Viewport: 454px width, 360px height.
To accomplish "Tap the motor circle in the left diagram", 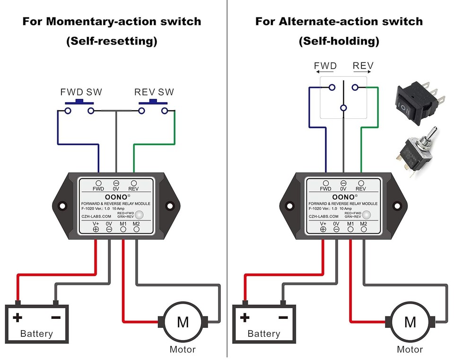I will [183, 322].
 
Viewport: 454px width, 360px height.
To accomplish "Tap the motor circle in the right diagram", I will [410, 322].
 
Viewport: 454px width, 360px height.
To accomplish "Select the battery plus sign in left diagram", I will [17, 317].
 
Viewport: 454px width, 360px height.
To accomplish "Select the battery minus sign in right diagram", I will [283, 317].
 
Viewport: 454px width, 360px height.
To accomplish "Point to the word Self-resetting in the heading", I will [112, 41].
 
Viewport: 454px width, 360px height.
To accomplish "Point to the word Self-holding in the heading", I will [339, 41].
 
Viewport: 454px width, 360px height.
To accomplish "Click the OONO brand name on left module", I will [115, 196].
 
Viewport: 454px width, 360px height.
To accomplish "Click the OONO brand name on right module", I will [342, 196].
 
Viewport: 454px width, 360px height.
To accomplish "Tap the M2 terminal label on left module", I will [136, 223].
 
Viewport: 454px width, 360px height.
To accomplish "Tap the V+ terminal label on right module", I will [323, 223].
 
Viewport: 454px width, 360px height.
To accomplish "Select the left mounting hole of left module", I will [61, 206].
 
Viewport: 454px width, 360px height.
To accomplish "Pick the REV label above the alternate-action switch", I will [363, 66].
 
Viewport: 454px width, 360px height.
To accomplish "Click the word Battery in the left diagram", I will [36, 334].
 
